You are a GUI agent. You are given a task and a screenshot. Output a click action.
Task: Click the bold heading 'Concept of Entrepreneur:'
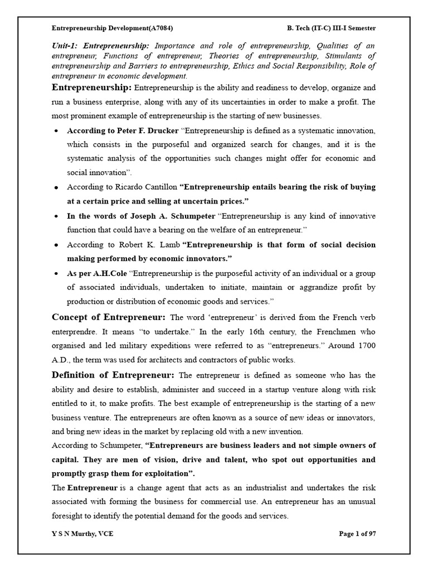pos(109,317)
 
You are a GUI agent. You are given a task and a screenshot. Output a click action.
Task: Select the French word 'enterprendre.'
pos(75,332)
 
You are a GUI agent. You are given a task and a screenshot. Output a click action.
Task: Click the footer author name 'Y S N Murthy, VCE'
pos(82,534)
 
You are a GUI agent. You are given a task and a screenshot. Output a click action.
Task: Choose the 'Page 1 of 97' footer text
pos(357,534)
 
